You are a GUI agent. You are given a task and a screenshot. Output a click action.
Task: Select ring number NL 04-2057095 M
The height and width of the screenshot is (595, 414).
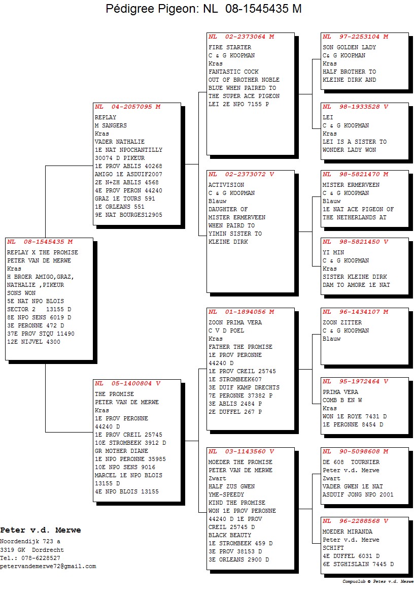click(128, 107)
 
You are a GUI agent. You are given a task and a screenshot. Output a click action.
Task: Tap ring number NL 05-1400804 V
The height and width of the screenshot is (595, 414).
click(128, 384)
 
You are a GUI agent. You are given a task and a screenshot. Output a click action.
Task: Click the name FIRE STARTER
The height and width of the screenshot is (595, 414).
click(230, 47)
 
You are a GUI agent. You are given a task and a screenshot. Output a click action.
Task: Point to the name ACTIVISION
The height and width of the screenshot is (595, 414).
click(226, 185)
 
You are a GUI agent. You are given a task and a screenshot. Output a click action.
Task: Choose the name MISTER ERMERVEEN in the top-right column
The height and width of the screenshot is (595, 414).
click(351, 185)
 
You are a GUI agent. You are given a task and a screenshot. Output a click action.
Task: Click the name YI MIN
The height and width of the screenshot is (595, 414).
click(333, 253)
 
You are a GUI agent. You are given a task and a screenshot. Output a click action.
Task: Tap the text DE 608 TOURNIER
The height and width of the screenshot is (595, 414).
click(351, 462)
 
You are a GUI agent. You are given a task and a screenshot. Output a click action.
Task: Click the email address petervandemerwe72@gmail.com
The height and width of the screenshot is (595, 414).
click(48, 567)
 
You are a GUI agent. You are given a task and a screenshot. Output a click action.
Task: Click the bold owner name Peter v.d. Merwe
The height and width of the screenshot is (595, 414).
click(41, 530)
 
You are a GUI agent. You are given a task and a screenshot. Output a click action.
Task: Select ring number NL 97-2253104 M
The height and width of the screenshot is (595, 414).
click(356, 37)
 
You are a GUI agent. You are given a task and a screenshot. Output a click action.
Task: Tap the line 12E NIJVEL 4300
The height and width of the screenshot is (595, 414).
click(34, 342)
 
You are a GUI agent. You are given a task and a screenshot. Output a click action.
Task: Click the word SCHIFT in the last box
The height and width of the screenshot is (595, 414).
click(333, 548)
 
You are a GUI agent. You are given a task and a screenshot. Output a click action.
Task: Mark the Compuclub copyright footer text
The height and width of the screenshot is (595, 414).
click(377, 581)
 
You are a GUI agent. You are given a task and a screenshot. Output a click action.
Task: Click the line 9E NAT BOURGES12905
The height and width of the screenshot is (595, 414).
click(128, 215)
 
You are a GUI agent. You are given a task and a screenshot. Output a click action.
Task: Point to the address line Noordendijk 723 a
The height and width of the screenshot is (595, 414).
click(30, 542)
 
